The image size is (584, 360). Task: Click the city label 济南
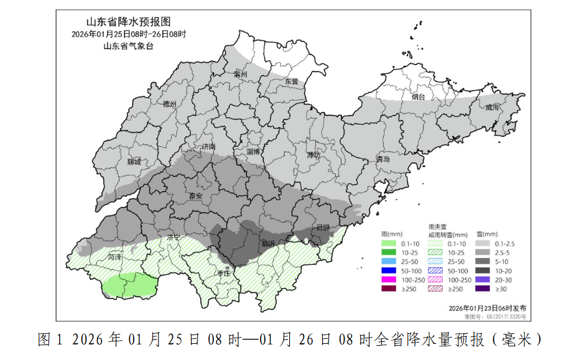208,147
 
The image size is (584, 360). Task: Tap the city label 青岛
383,160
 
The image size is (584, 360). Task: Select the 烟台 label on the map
419,97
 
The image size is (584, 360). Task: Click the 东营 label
291,81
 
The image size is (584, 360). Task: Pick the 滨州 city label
241,74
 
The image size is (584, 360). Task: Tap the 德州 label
170,104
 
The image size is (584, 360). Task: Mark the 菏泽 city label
114,256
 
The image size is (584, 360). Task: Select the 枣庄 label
224,273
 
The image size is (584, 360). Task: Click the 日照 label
323,228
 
